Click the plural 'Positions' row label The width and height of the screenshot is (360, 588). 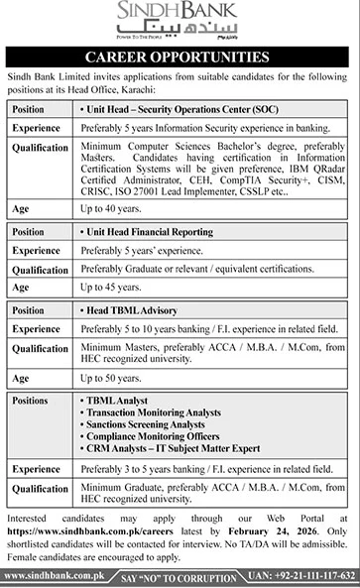[33, 400]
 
